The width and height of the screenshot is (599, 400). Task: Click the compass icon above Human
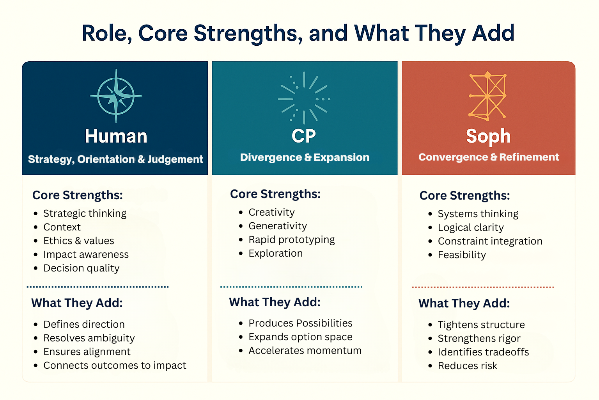[x=116, y=96]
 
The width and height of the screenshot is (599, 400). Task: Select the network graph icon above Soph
[x=487, y=95]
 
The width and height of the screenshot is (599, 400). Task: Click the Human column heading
[x=116, y=136]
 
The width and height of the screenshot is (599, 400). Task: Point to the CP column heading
[x=304, y=136]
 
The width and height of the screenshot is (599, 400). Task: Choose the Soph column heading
[x=488, y=136]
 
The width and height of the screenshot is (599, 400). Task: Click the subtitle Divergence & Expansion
[x=305, y=157]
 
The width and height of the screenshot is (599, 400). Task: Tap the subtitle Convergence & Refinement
[x=489, y=157]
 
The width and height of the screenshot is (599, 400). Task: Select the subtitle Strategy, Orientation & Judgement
[x=115, y=159]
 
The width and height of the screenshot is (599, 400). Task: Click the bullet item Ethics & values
[x=78, y=241]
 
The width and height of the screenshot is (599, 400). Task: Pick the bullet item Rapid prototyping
[x=291, y=239]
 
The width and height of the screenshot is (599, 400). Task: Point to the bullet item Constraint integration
[x=490, y=241]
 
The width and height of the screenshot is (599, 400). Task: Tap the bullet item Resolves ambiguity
[x=89, y=338]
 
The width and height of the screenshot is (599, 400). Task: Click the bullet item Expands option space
[x=300, y=337]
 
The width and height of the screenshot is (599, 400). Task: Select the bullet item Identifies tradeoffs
[x=483, y=352]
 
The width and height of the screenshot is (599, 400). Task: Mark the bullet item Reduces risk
[x=467, y=366]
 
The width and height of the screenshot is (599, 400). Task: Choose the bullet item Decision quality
[x=81, y=268]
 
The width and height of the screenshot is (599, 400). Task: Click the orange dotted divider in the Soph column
[x=483, y=287]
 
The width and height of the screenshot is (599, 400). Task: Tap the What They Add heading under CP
[x=275, y=302]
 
